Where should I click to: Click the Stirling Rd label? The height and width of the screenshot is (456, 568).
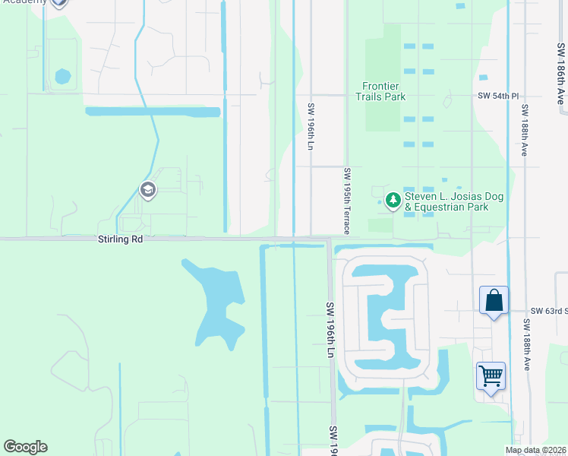[120, 239]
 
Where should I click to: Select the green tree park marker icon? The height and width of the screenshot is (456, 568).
[393, 200]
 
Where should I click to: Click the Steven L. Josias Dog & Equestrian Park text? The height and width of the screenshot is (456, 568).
[454, 201]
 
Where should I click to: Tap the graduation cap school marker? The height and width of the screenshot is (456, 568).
[148, 190]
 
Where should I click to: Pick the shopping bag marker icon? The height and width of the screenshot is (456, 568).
[494, 300]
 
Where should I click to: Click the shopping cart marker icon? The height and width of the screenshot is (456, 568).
[491, 375]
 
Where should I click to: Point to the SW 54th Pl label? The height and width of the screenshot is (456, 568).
[498, 97]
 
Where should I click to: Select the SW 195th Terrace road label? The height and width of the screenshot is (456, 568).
[347, 197]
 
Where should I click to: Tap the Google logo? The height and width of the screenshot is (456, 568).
[25, 447]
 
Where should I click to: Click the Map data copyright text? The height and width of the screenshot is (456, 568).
[535, 450]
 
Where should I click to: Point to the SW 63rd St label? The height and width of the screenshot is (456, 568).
[547, 311]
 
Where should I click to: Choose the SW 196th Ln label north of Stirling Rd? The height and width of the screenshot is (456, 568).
[311, 126]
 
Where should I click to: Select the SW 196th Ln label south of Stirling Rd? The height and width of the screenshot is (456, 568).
[330, 330]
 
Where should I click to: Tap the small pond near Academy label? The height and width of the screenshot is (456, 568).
[62, 77]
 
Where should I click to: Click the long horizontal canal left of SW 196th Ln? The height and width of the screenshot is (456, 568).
[153, 112]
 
